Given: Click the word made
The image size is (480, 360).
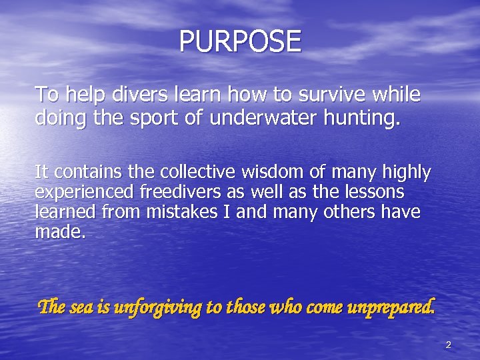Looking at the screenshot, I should (60, 233).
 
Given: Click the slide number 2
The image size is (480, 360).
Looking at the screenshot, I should (448, 345).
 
